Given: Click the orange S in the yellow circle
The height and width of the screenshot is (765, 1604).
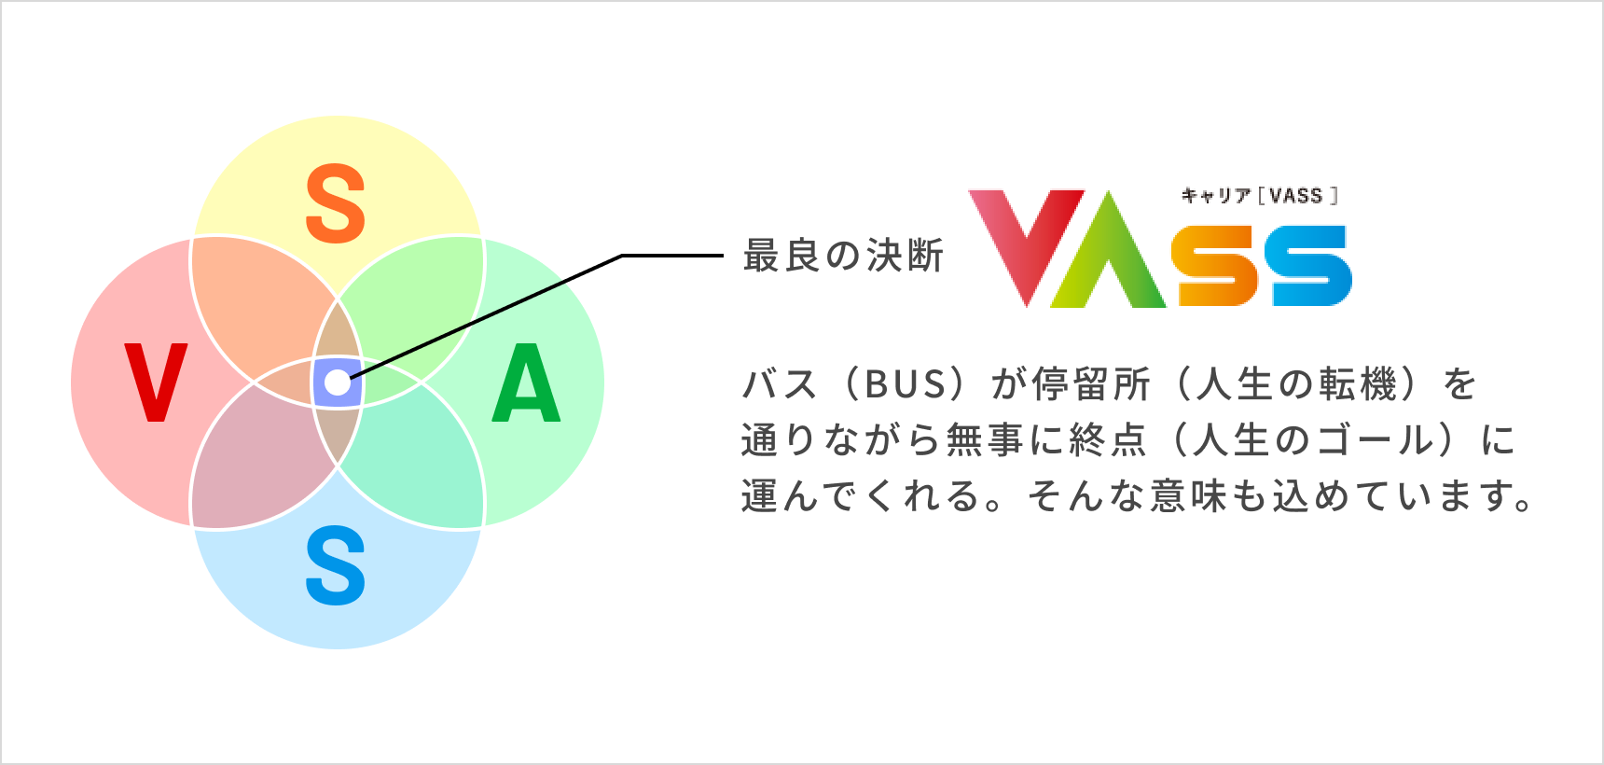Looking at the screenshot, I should (336, 203).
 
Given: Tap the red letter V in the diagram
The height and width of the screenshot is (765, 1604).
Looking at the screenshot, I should (156, 382).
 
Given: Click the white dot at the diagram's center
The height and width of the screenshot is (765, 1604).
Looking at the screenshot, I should (337, 382).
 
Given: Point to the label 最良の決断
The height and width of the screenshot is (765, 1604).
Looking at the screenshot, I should (843, 256).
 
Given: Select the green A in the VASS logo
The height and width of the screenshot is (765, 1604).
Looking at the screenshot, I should (1109, 252).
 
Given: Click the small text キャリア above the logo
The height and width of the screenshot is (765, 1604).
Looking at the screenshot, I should (1215, 196).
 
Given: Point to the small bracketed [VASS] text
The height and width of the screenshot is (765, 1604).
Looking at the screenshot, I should (1297, 196).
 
